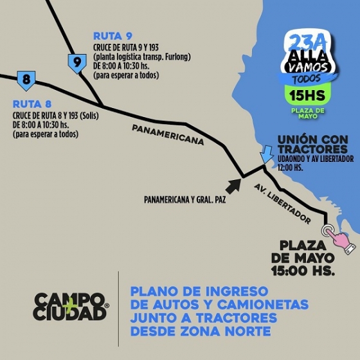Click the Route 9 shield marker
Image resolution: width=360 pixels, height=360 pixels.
pos(77,63)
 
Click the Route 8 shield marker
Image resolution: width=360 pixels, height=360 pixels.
pos(26,80)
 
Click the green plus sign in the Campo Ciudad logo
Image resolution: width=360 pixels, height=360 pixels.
pos(76,307)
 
